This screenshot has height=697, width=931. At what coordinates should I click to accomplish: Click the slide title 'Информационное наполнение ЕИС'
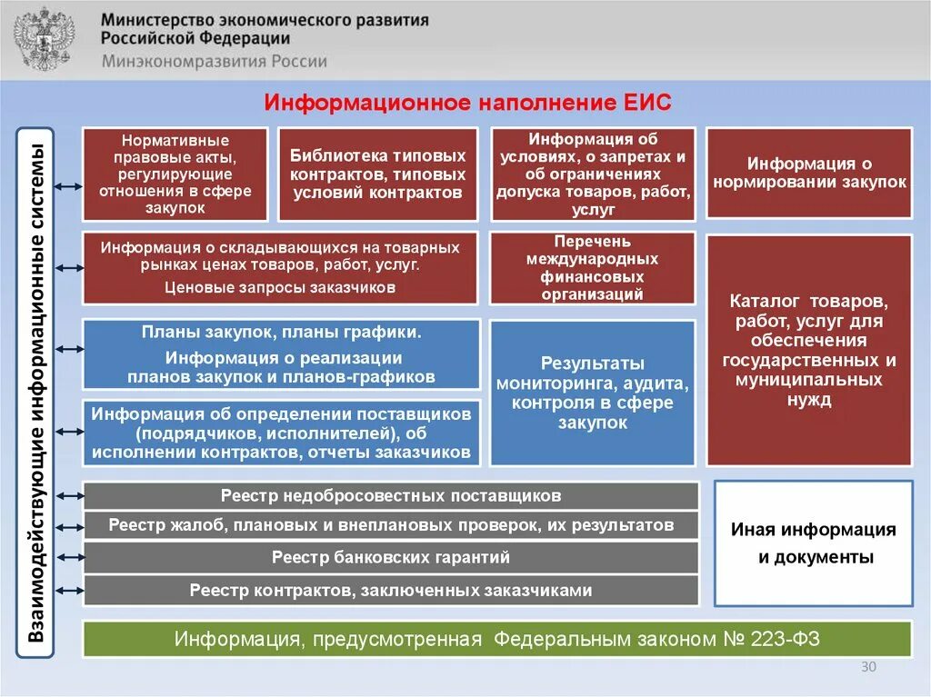[467, 102]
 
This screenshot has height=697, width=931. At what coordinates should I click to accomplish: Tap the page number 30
[868, 668]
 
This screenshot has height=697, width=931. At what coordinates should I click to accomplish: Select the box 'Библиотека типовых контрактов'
[377, 174]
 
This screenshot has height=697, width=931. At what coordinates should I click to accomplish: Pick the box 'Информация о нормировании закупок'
[809, 173]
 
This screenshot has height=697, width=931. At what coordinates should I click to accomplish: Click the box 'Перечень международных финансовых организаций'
[593, 268]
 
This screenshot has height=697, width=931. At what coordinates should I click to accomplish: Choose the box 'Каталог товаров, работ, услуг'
[809, 350]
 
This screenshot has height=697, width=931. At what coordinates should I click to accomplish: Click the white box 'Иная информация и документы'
[814, 543]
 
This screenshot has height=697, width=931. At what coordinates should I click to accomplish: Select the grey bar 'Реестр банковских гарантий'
[391, 557]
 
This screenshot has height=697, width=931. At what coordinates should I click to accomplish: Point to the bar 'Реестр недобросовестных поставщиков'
[391, 496]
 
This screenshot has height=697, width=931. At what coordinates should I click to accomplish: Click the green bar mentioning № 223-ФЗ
[497, 639]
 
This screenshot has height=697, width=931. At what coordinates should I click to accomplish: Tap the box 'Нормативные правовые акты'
[175, 174]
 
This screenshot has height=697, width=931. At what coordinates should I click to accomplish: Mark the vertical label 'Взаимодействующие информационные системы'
[36, 393]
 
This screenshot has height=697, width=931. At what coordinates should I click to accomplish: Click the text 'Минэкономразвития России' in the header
[214, 62]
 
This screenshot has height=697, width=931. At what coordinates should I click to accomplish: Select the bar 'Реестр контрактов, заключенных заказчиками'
[391, 591]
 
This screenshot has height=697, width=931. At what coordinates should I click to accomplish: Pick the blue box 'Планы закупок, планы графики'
[281, 354]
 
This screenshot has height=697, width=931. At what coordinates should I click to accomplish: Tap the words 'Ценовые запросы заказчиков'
[280, 288]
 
